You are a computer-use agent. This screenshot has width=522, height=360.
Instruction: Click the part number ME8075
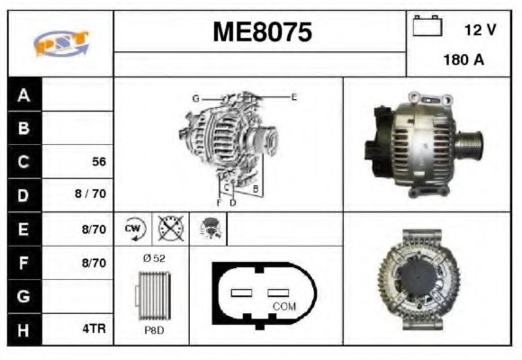tap(262, 32)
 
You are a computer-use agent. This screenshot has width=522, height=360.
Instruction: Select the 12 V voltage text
tap(480, 30)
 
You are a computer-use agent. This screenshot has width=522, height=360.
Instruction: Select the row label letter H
tap(23, 329)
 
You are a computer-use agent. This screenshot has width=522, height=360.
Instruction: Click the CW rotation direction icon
tap(135, 229)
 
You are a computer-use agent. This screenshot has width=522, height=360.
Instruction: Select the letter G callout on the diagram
tap(194, 97)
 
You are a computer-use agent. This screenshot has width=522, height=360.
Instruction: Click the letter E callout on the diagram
tap(293, 95)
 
